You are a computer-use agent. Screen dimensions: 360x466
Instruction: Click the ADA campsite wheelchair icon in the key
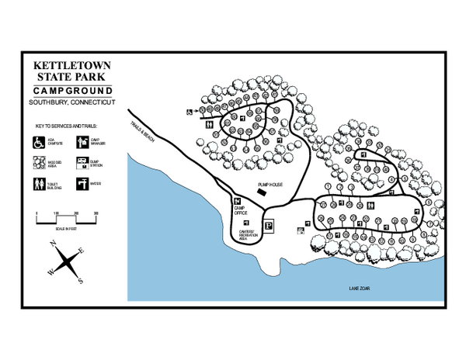click(x=36, y=142)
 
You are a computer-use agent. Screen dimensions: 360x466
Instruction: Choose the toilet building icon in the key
click(x=36, y=184)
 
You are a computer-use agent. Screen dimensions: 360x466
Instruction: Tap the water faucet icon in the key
click(x=82, y=183)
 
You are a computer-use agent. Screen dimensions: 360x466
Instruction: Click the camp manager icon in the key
click(x=82, y=142)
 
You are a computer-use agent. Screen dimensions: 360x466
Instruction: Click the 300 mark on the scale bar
click(x=96, y=212)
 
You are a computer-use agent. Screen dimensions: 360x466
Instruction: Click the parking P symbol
click(x=269, y=227)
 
